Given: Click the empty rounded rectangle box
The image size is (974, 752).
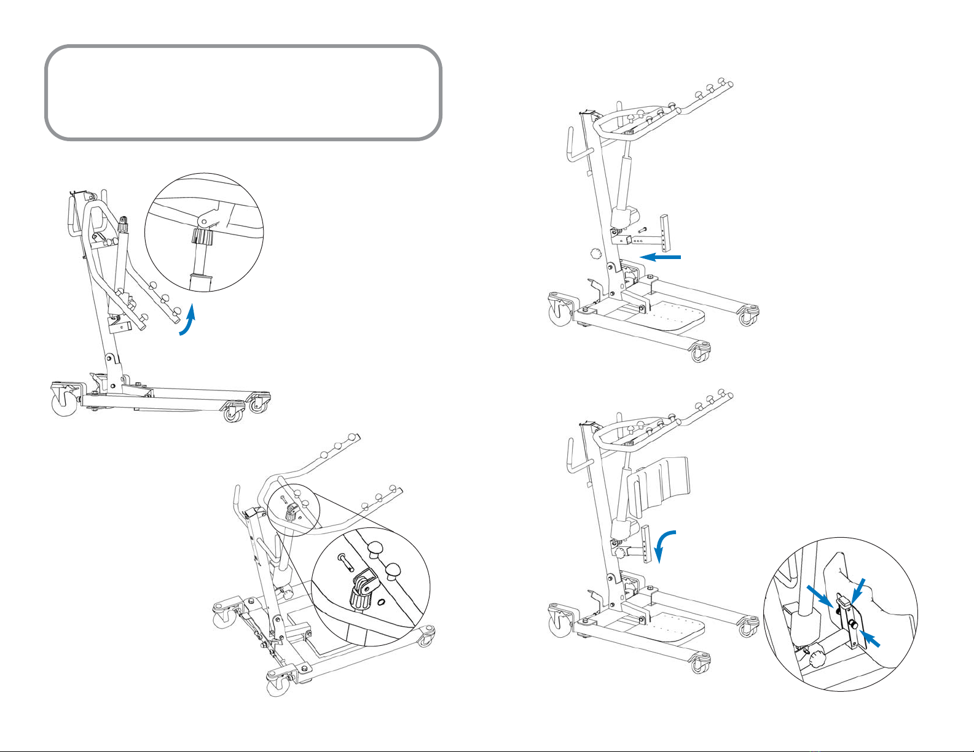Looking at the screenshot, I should coord(243,92).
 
